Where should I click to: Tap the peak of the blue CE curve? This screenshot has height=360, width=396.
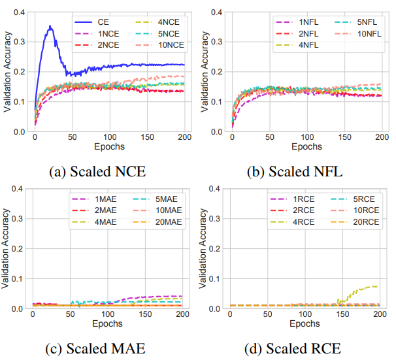tap(50, 26)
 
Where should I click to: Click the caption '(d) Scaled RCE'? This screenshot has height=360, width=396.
tap(295, 348)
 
